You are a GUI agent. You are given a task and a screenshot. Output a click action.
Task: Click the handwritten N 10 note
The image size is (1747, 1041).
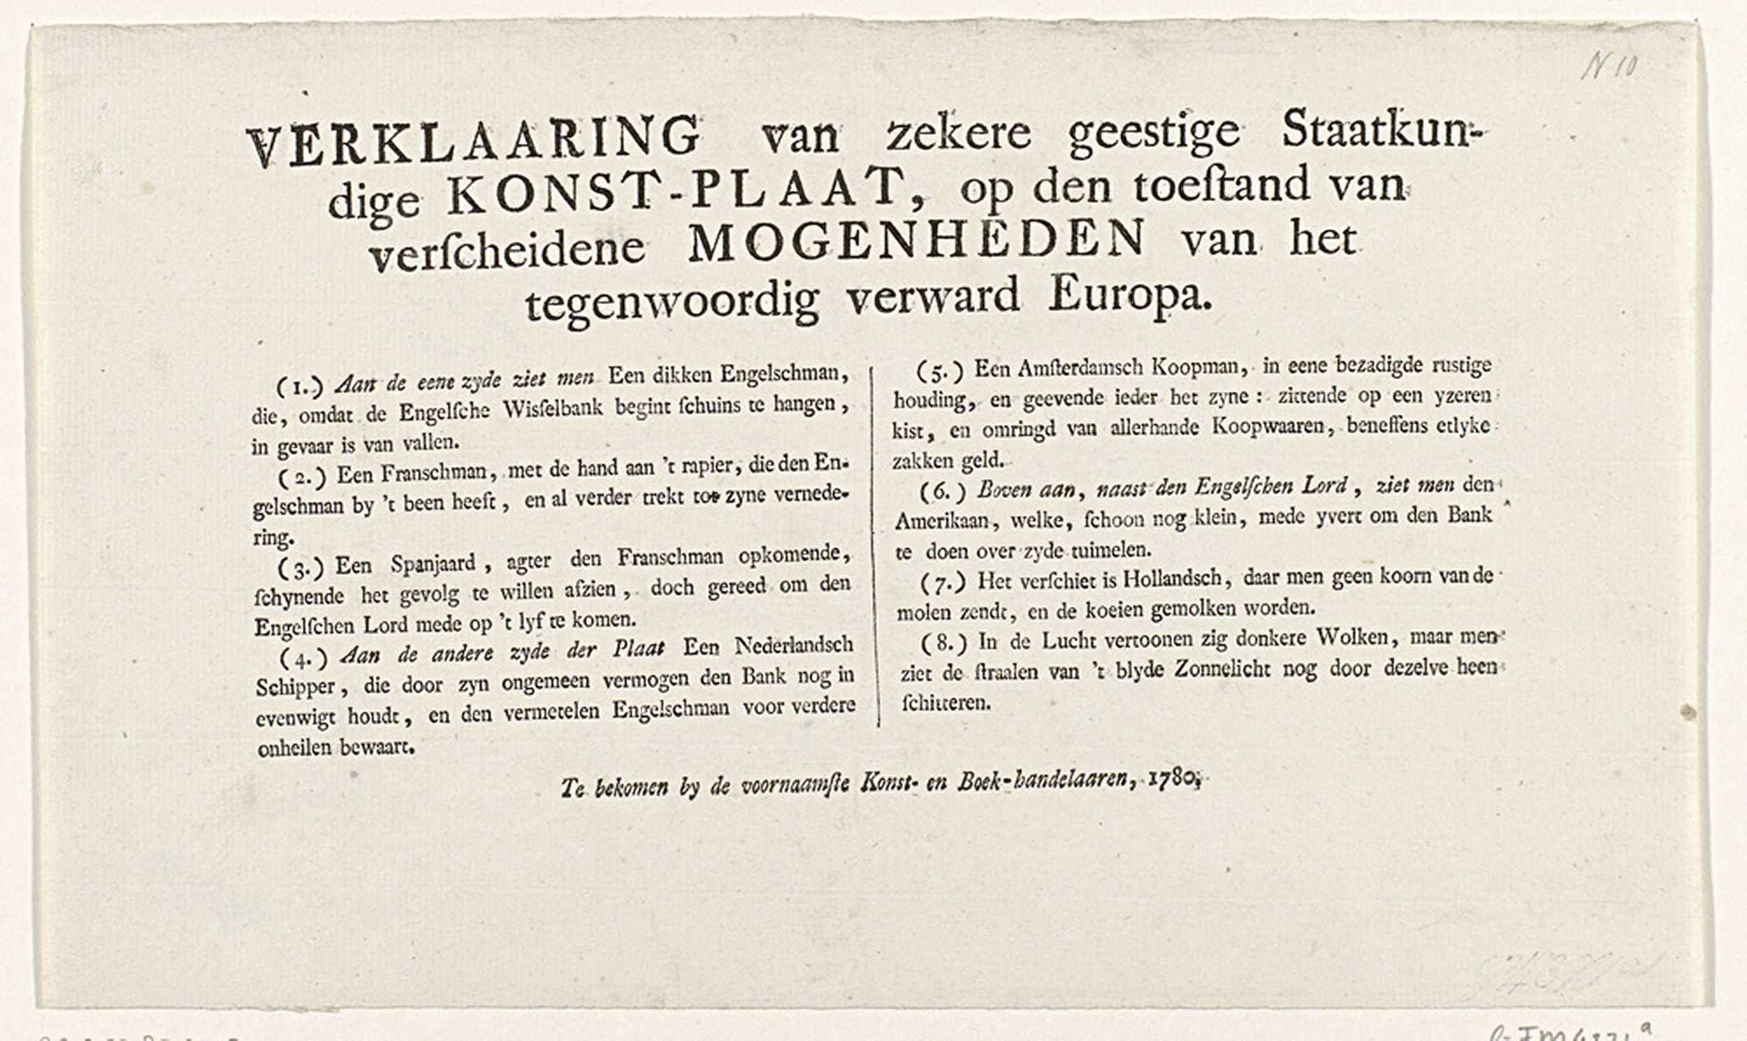pyautogui.click(x=1609, y=67)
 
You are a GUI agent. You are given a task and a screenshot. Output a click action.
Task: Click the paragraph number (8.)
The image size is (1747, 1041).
pyautogui.click(x=943, y=642)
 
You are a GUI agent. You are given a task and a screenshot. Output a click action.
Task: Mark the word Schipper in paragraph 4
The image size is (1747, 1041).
pyautogui.click(x=296, y=687)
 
